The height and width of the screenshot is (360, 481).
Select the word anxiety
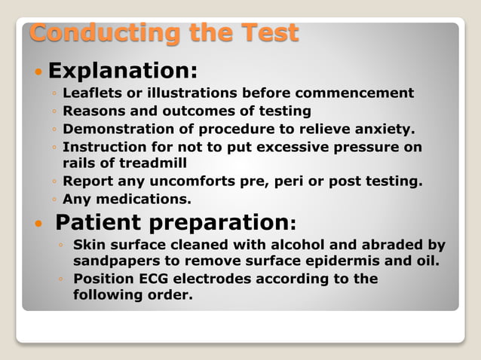click(x=384, y=129)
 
